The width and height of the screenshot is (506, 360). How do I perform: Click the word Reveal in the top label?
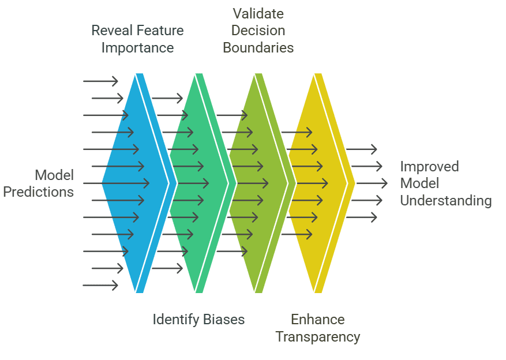click(x=111, y=31)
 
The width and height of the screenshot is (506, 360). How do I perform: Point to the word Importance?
click(x=137, y=48)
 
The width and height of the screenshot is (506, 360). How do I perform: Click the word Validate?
click(x=258, y=13)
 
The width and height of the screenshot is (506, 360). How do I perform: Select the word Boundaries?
click(x=258, y=48)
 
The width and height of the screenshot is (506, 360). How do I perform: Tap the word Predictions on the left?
click(x=38, y=192)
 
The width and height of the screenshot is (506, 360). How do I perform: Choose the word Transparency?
click(x=318, y=337)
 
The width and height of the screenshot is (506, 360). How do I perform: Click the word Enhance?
click(x=318, y=320)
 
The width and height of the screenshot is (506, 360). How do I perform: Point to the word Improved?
click(x=429, y=167)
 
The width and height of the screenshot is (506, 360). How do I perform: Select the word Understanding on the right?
click(x=445, y=201)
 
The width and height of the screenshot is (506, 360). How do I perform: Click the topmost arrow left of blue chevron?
click(x=100, y=81)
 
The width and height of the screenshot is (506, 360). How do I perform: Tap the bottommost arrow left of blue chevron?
click(x=100, y=285)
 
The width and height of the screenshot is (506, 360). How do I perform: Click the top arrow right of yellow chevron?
click(x=361, y=149)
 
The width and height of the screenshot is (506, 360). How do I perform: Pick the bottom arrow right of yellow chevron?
click(x=361, y=217)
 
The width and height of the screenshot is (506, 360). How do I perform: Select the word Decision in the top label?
click(x=258, y=31)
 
